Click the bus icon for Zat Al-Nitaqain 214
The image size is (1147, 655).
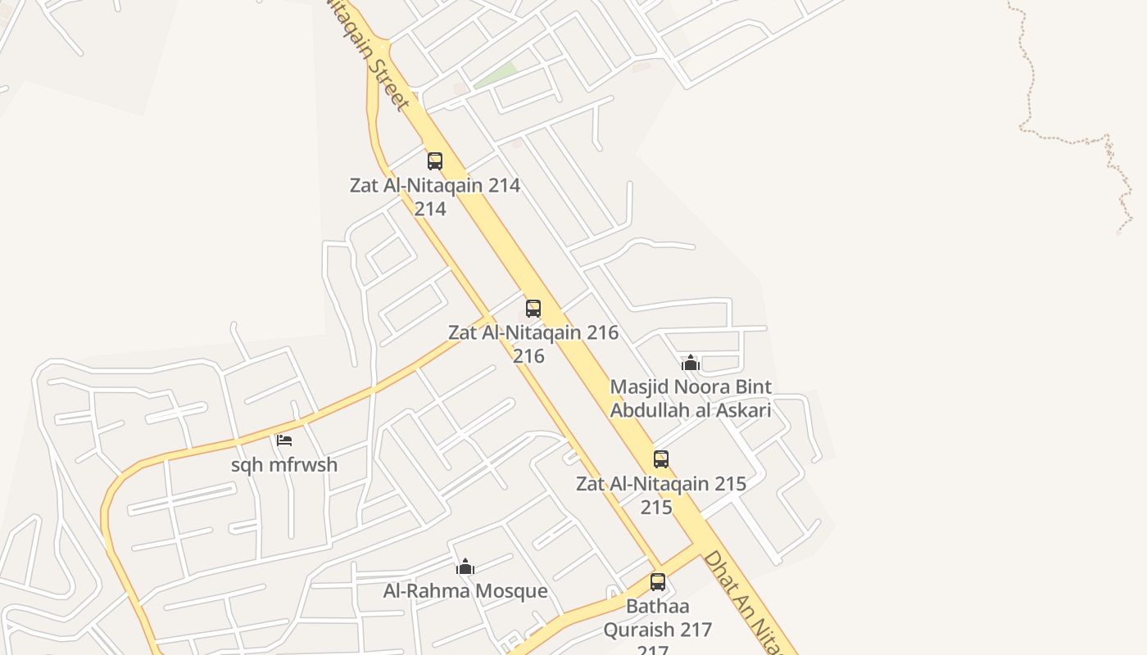tap(435, 161)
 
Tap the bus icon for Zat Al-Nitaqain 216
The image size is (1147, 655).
tap(533, 309)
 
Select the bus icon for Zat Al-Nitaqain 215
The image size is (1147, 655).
tap(661, 459)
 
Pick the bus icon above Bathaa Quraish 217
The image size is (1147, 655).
tap(658, 582)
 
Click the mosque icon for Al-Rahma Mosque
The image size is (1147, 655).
tap(465, 567)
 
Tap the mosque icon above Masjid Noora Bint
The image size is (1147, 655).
tap(691, 363)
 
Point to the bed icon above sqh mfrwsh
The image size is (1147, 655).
tap(284, 440)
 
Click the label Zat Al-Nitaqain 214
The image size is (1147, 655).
tap(434, 185)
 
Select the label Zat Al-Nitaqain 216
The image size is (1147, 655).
tap(533, 333)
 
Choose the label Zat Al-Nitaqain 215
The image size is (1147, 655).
tap(660, 484)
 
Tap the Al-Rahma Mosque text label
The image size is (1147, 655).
tap(465, 591)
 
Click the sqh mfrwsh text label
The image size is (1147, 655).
tap(284, 465)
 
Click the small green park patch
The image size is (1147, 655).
tap(496, 75)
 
